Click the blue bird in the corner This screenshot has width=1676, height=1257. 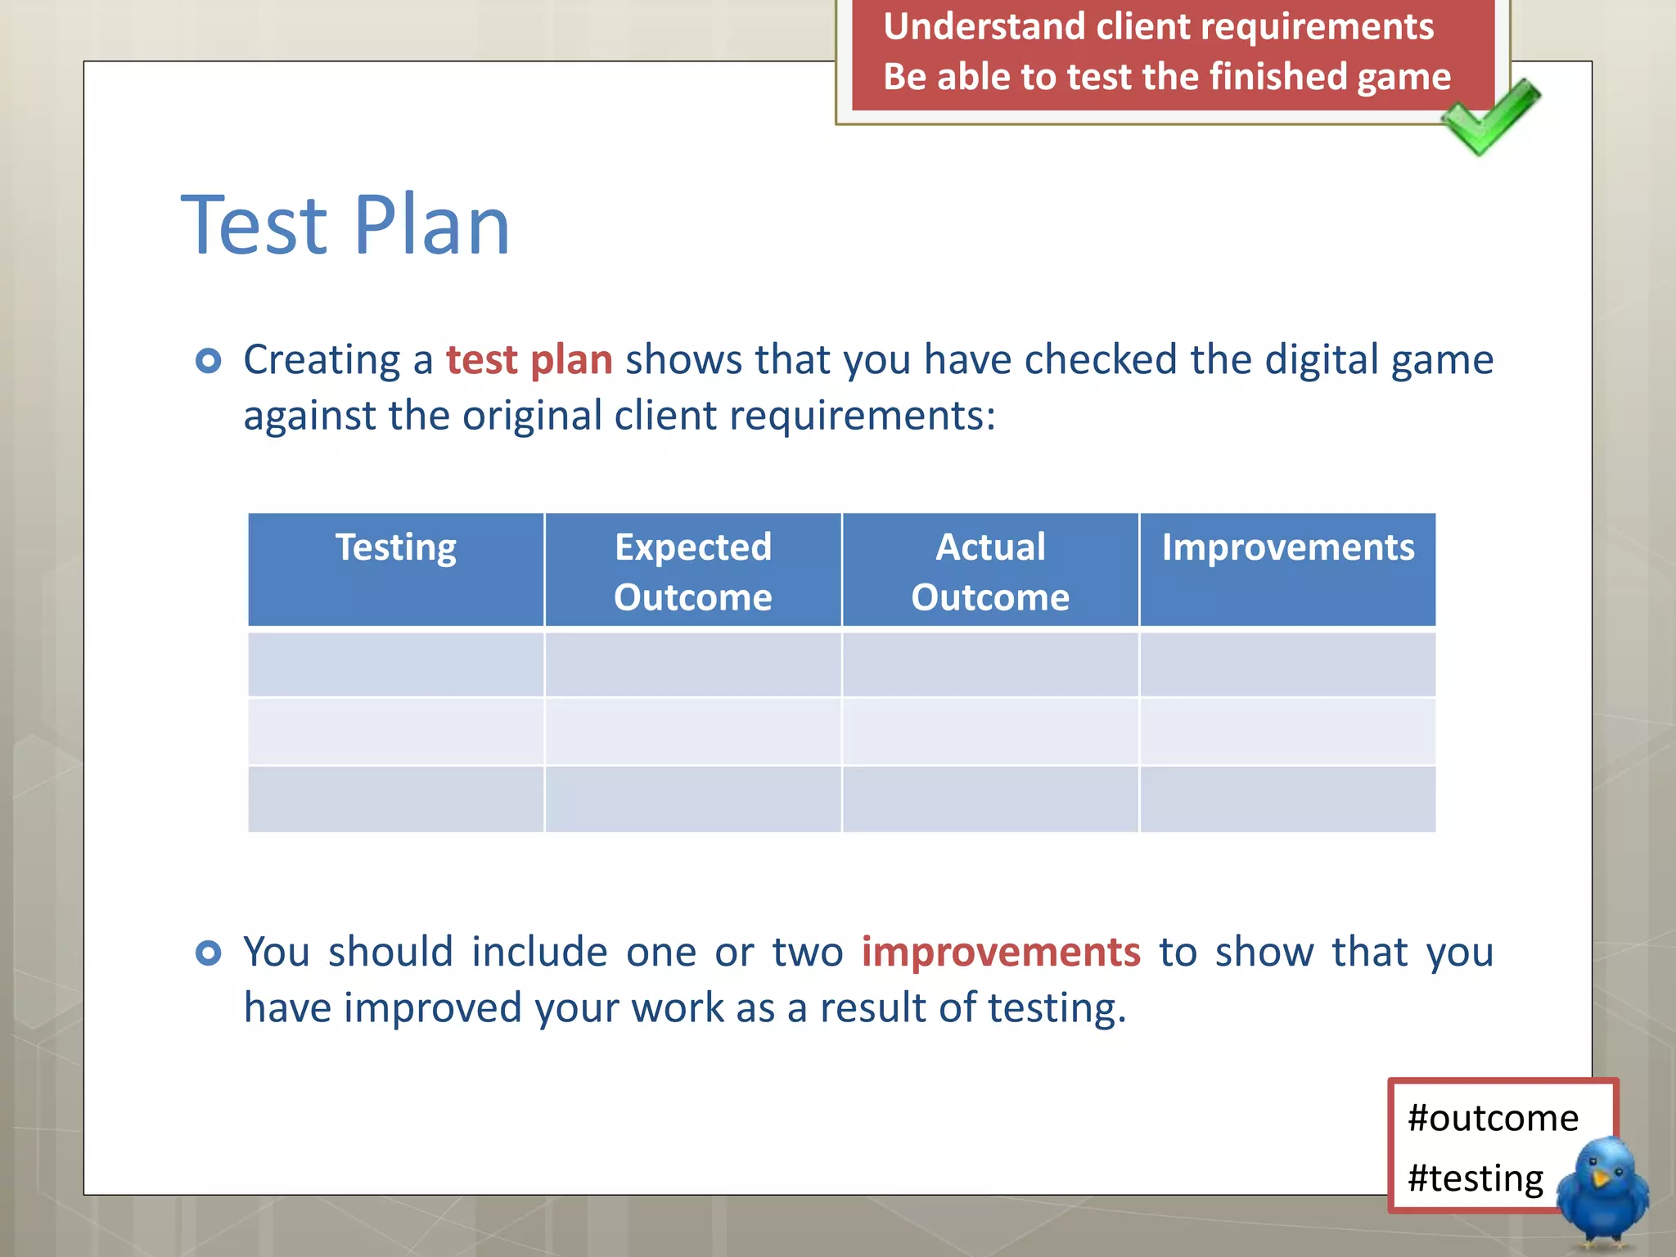1602,1191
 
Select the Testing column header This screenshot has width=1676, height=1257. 396,547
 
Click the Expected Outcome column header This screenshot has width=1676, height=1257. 693,570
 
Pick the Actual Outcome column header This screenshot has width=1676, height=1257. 990,570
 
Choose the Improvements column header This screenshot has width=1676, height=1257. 1287,547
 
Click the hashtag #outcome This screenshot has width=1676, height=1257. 1493,1118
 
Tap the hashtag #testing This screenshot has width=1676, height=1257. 1476,1178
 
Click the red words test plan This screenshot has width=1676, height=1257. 529,360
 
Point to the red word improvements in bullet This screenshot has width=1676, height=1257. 1000,952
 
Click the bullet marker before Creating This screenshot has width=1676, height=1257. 209,360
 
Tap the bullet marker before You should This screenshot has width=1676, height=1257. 209,953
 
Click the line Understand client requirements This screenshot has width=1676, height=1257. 1158,26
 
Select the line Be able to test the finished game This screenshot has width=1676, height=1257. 1166,77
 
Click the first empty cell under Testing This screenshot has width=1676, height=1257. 396,664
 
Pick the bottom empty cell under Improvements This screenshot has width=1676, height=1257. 1287,800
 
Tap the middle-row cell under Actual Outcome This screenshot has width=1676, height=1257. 990,732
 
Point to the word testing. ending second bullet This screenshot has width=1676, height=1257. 1057,1008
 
